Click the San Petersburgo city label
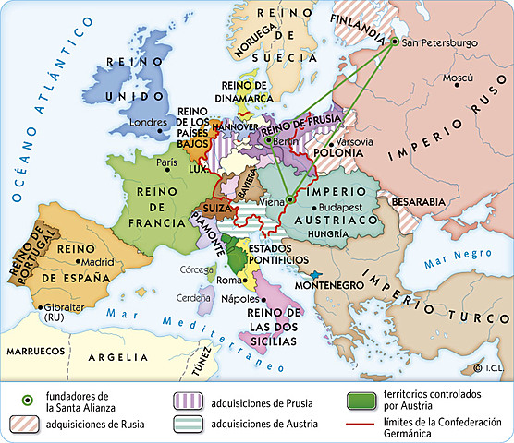[x=440, y=42]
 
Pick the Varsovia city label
[x=356, y=142]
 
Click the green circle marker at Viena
[x=289, y=198]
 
